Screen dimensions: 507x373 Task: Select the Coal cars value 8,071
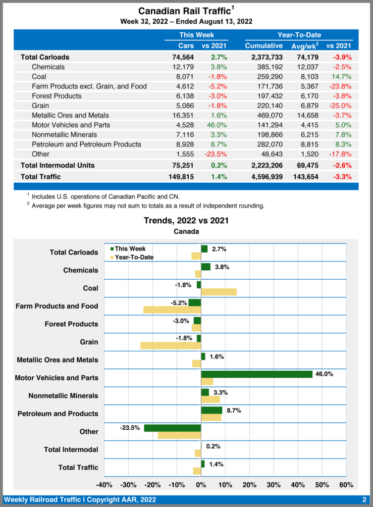pos(183,77)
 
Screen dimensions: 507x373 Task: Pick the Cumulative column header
pos(264,46)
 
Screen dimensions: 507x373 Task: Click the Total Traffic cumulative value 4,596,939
pos(264,176)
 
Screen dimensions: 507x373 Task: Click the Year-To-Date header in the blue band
pos(299,35)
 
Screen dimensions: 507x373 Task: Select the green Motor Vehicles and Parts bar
pos(257,374)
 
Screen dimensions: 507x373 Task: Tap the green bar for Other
pos(172,428)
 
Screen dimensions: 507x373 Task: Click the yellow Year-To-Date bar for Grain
pos(170,346)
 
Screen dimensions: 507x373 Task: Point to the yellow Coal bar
pos(218,292)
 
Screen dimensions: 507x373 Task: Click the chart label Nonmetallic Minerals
pos(63,396)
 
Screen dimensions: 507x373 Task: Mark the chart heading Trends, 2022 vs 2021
pos(186,220)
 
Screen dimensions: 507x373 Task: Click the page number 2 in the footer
pos(364,500)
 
